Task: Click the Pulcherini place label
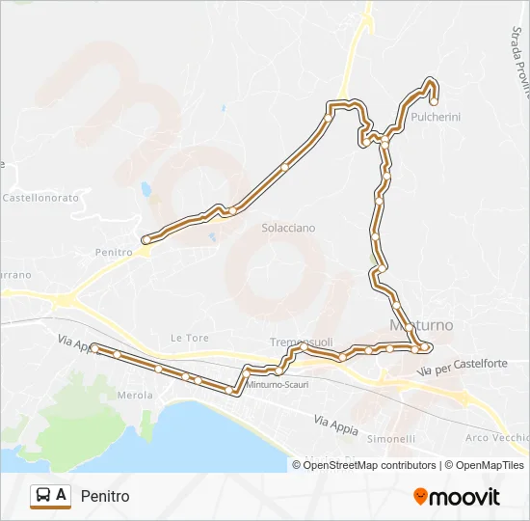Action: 435,117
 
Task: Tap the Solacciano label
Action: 288,228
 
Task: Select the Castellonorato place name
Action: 40,197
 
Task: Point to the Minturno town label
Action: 420,325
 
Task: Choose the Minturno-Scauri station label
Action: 278,384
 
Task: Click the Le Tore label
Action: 189,338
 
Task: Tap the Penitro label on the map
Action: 114,252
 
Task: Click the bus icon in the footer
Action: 43,496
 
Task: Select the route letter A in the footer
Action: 62,496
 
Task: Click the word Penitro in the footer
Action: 105,497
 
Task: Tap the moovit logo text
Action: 464,497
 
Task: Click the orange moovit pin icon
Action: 420,497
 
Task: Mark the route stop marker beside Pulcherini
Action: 434,100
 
